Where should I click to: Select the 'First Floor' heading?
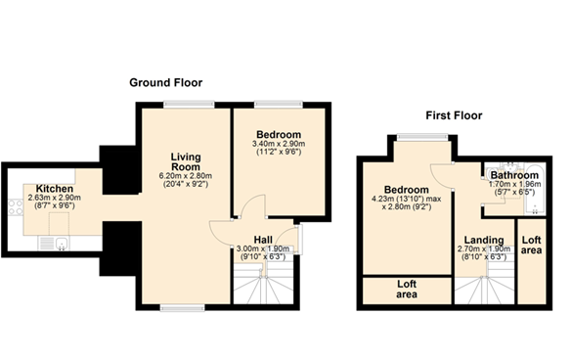pos(456,114)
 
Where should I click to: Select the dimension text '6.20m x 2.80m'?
pos(185,177)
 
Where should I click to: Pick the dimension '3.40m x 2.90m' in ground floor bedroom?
pos(279,145)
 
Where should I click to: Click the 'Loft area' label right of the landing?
pos(531,244)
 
